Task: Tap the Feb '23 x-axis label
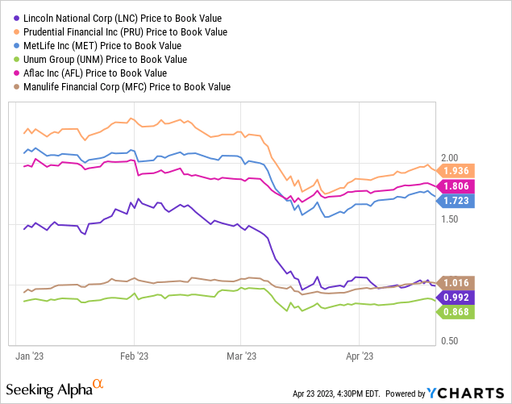coord(134,355)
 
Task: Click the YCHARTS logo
coord(462,393)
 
